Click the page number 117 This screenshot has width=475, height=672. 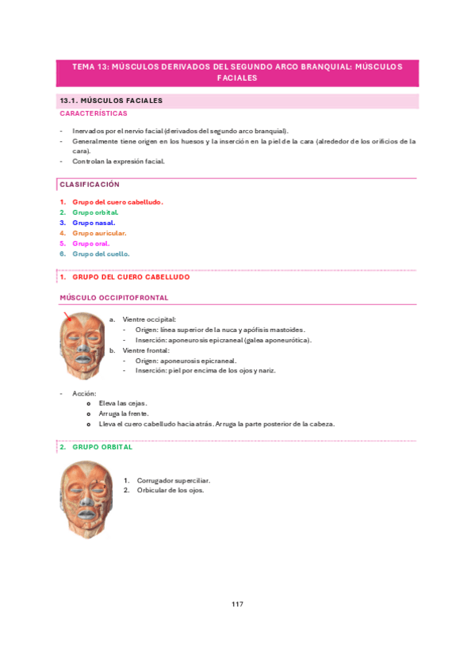tap(237, 604)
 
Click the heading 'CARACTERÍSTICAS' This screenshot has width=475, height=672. tap(93, 113)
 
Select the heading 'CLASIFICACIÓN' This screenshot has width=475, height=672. tap(90, 184)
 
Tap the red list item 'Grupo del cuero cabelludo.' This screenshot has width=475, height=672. tap(117, 202)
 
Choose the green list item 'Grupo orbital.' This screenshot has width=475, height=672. tap(95, 212)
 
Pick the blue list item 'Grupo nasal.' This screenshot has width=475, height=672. tap(94, 223)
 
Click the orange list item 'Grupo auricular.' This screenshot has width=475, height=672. tap(99, 233)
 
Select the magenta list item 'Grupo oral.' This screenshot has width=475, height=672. tap(90, 243)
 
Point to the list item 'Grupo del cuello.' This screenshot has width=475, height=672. tap(101, 254)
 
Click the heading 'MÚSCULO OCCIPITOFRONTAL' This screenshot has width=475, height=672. tap(113, 298)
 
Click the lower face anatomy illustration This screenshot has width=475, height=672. tap(86, 499)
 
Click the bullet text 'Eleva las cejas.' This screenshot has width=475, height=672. tap(123, 403)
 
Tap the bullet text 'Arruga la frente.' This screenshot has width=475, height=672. tap(123, 413)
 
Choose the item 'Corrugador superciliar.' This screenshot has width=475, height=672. tap(173, 480)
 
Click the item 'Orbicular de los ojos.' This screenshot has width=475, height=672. tap(170, 491)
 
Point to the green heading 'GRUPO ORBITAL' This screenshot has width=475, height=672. tap(102, 447)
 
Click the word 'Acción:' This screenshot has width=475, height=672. tap(84, 392)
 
